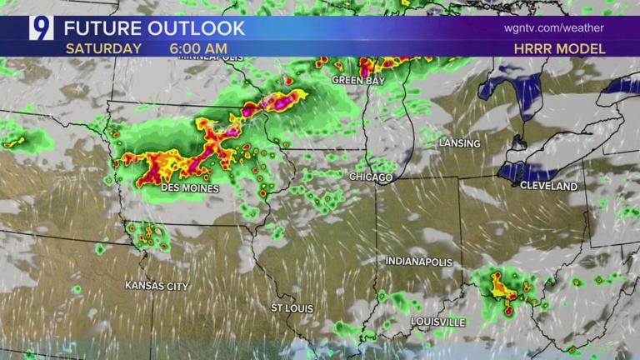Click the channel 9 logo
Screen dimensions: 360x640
pyautogui.click(x=41, y=27)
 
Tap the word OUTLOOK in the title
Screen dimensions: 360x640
pyautogui.click(x=196, y=27)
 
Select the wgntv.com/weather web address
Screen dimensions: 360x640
pyautogui.click(x=553, y=27)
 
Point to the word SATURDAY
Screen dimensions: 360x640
pyautogui.click(x=103, y=48)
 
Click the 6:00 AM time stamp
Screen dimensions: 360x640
pyautogui.click(x=199, y=48)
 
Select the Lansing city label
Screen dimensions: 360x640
pyautogui.click(x=459, y=143)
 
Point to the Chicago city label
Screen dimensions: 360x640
pyautogui.click(x=371, y=177)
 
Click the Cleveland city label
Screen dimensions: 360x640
pyautogui.click(x=548, y=187)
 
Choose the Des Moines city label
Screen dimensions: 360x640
pyautogui.click(x=189, y=189)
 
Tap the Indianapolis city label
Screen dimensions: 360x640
pyautogui.click(x=418, y=262)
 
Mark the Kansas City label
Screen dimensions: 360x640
pyautogui.click(x=157, y=286)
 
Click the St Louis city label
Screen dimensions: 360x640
pyautogui.click(x=292, y=308)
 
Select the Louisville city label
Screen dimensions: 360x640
pyautogui.click(x=437, y=322)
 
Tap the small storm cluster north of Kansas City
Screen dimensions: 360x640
pyautogui.click(x=148, y=235)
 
